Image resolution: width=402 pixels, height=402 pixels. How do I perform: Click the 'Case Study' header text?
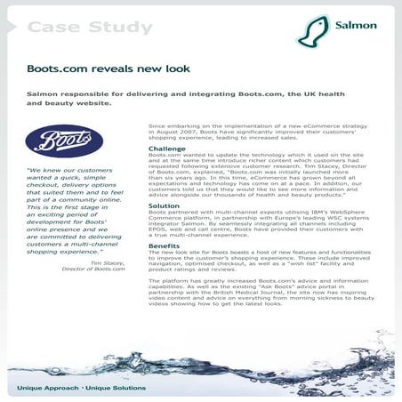click(89, 28)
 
